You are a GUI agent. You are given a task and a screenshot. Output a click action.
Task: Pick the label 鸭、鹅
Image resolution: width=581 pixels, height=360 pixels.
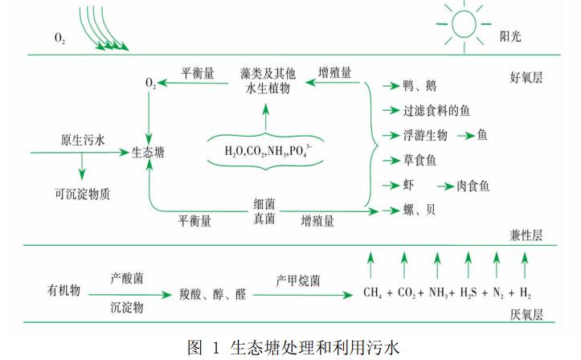coord(418,86)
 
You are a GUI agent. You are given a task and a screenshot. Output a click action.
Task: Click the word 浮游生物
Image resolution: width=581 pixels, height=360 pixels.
coord(425,135)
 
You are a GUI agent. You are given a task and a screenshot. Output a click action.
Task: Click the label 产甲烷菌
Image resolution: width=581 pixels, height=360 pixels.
coord(298,281)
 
